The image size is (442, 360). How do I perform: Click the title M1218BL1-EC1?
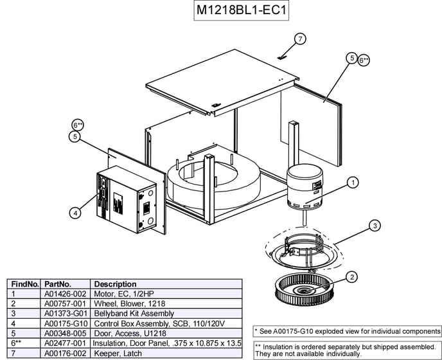pyautogui.click(x=242, y=12)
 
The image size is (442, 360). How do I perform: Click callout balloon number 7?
pyautogui.click(x=300, y=39)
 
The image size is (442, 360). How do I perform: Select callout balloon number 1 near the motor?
pyautogui.click(x=353, y=183)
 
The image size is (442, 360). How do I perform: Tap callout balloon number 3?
pyautogui.click(x=375, y=226)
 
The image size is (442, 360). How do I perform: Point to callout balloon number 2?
pyautogui.click(x=352, y=277)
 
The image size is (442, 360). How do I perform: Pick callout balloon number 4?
pyautogui.click(x=75, y=212)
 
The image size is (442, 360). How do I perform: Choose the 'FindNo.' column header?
pyautogui.click(x=25, y=283)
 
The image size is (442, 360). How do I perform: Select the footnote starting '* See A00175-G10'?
pyautogui.click(x=347, y=331)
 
